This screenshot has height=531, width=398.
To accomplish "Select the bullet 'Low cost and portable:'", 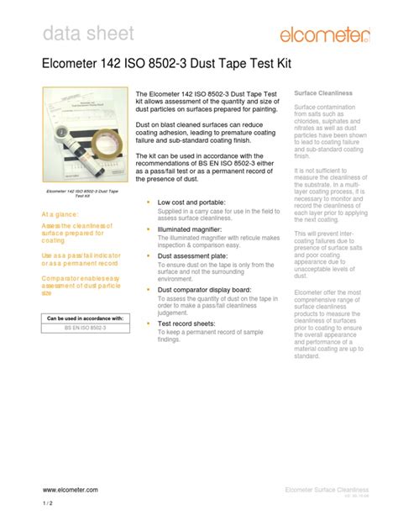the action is tap(192, 202).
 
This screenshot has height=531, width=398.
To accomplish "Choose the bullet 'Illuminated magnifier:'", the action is tap(192, 229).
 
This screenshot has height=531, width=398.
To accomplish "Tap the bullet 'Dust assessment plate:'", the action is tap(194, 255).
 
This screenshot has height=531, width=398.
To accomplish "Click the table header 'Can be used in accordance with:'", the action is tap(85, 318).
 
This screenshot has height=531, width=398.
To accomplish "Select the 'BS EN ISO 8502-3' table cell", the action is tap(85, 329).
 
